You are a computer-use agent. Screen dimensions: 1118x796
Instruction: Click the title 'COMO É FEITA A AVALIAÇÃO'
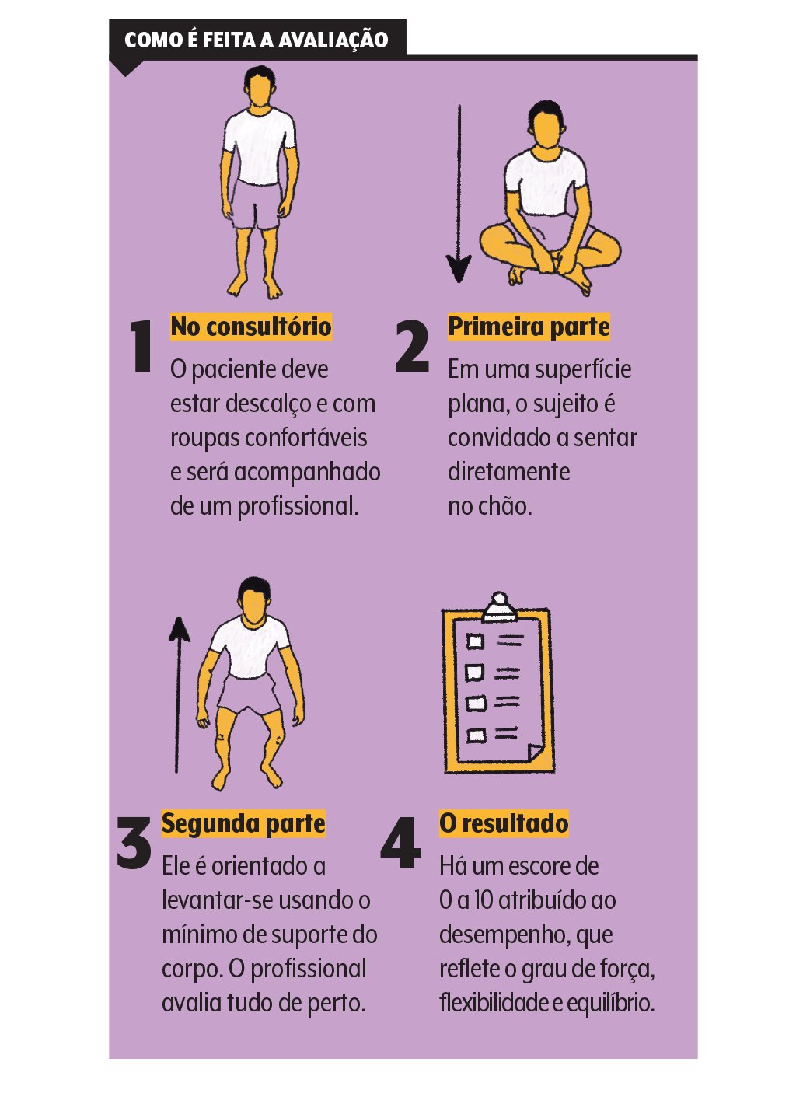[x=256, y=40]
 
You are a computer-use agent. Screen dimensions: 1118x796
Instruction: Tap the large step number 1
[x=141, y=346]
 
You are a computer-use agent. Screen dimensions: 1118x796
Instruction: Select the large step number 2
[x=412, y=346]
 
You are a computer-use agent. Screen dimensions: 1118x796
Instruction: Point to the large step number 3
[x=134, y=843]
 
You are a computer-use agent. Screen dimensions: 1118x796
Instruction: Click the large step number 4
[x=401, y=843]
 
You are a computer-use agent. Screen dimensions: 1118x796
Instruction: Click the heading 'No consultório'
[x=250, y=327]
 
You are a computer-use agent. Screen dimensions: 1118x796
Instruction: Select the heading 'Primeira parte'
[x=529, y=327]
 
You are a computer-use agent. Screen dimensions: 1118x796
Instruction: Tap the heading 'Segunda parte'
[x=243, y=823]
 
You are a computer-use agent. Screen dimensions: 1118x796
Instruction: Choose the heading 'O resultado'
[x=504, y=823]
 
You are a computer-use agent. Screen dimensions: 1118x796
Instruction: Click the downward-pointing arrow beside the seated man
[x=459, y=194]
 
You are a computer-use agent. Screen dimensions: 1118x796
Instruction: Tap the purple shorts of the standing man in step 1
[x=257, y=204]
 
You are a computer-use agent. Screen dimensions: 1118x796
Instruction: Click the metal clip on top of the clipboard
[x=498, y=607]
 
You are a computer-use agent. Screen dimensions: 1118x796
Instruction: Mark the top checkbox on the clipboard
[x=475, y=641]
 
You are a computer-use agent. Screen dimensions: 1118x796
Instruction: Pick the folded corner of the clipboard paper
[x=535, y=751]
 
